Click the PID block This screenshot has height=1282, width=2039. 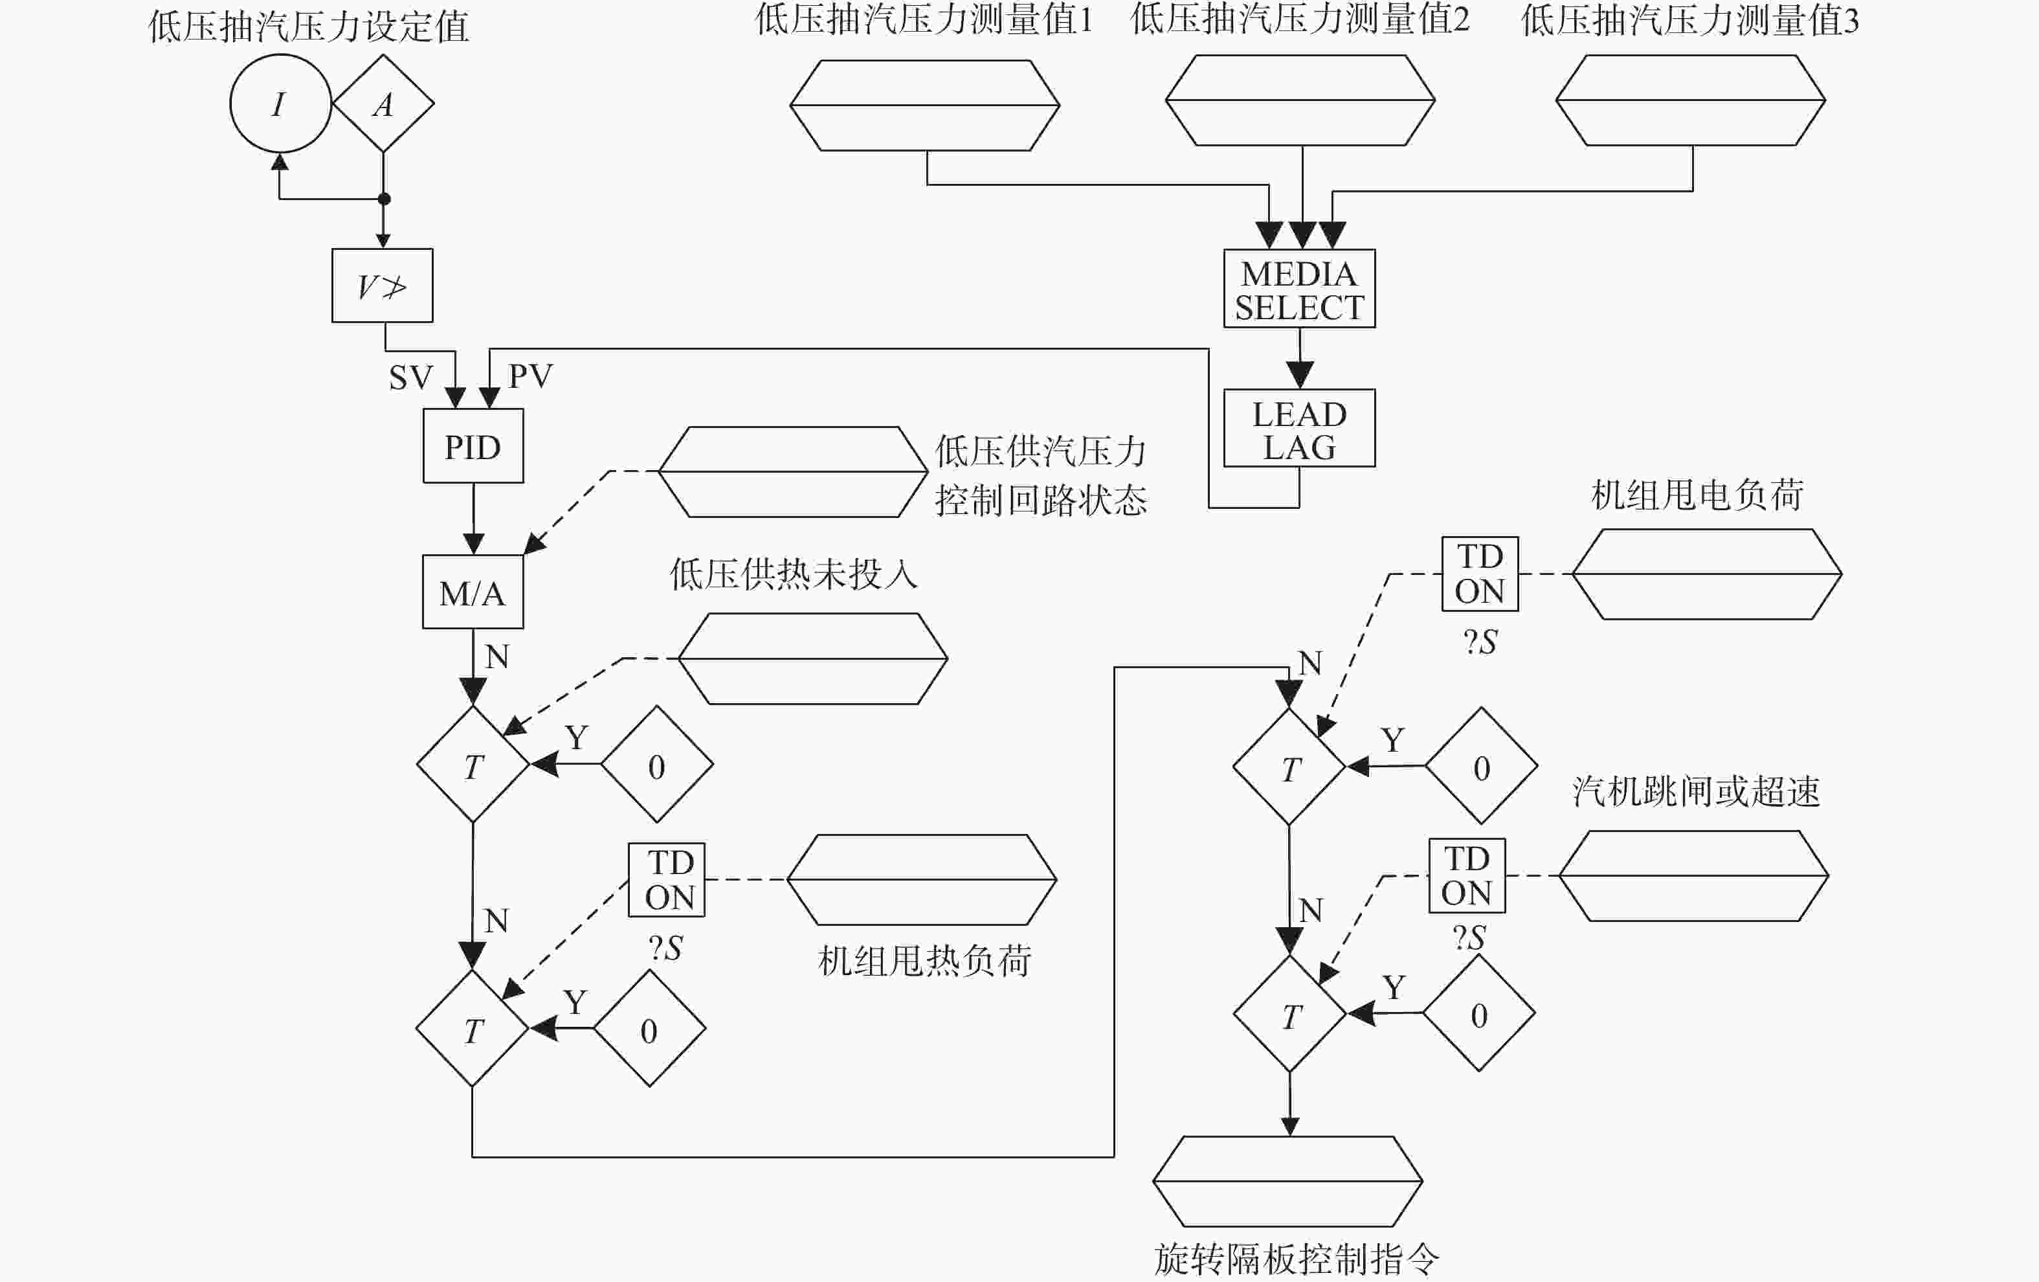click(x=473, y=446)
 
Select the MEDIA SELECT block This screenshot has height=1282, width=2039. click(x=1299, y=288)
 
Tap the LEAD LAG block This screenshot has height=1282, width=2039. click(x=1299, y=429)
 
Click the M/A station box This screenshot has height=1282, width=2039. click(x=473, y=592)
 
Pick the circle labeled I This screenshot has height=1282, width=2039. click(x=280, y=104)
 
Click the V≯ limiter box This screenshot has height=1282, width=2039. click(x=383, y=286)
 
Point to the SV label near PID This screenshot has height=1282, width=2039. click(x=410, y=377)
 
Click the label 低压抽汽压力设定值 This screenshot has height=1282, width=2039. click(x=308, y=27)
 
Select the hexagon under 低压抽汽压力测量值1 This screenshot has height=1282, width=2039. click(x=924, y=105)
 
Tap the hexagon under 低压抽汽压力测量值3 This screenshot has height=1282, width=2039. click(x=1690, y=100)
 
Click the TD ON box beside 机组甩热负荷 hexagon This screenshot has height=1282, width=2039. click(x=667, y=880)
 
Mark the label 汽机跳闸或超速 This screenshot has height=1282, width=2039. click(x=1696, y=791)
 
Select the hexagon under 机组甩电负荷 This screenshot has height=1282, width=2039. click(x=1707, y=574)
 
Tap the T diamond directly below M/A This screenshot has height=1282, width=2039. click(x=473, y=764)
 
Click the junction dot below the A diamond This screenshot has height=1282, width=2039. click(x=384, y=199)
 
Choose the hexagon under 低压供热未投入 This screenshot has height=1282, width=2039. click(x=813, y=658)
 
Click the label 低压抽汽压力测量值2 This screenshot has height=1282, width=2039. click(x=1300, y=19)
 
